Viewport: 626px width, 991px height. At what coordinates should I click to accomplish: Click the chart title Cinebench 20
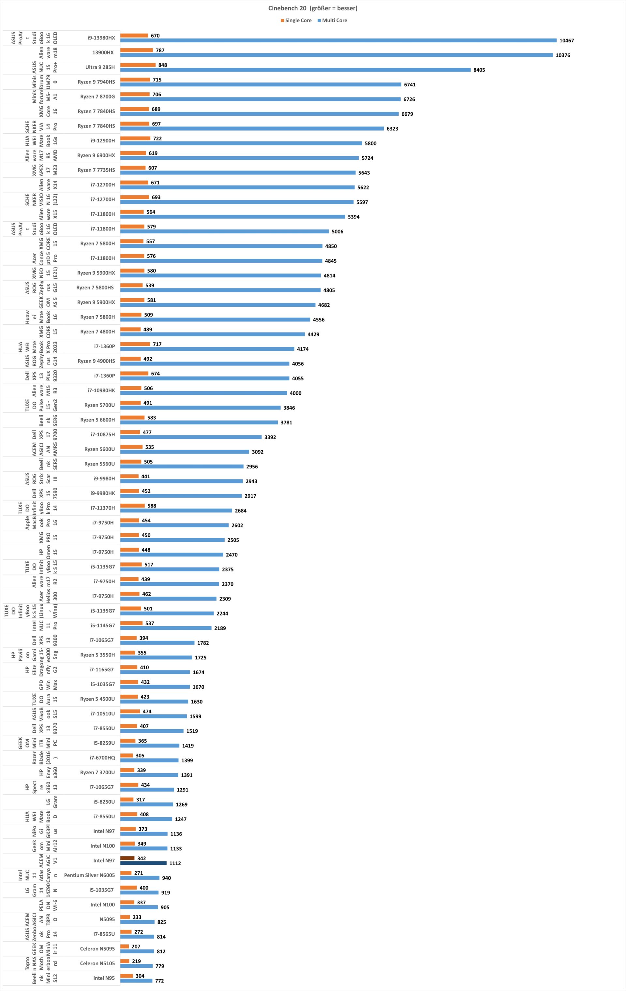(x=312, y=8)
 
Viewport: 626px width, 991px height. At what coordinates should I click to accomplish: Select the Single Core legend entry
(x=296, y=21)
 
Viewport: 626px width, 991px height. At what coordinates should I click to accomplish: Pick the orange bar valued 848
(x=138, y=65)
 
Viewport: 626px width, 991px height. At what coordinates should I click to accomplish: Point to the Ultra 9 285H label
(x=100, y=67)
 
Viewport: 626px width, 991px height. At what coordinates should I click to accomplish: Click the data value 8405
(x=479, y=70)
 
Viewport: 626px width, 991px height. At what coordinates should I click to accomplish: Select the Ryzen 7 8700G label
(x=97, y=97)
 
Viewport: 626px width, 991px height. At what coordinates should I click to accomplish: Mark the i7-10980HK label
(x=101, y=390)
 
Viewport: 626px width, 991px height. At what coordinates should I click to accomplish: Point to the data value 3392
(x=270, y=437)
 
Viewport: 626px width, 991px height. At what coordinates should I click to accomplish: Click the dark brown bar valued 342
(x=127, y=858)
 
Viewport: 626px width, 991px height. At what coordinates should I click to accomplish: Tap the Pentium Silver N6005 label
(x=89, y=875)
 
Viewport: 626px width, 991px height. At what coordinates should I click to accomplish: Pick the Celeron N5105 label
(x=97, y=963)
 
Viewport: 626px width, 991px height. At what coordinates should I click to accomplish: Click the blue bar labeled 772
(x=136, y=981)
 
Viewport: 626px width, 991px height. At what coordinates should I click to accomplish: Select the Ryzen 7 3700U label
(x=97, y=773)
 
